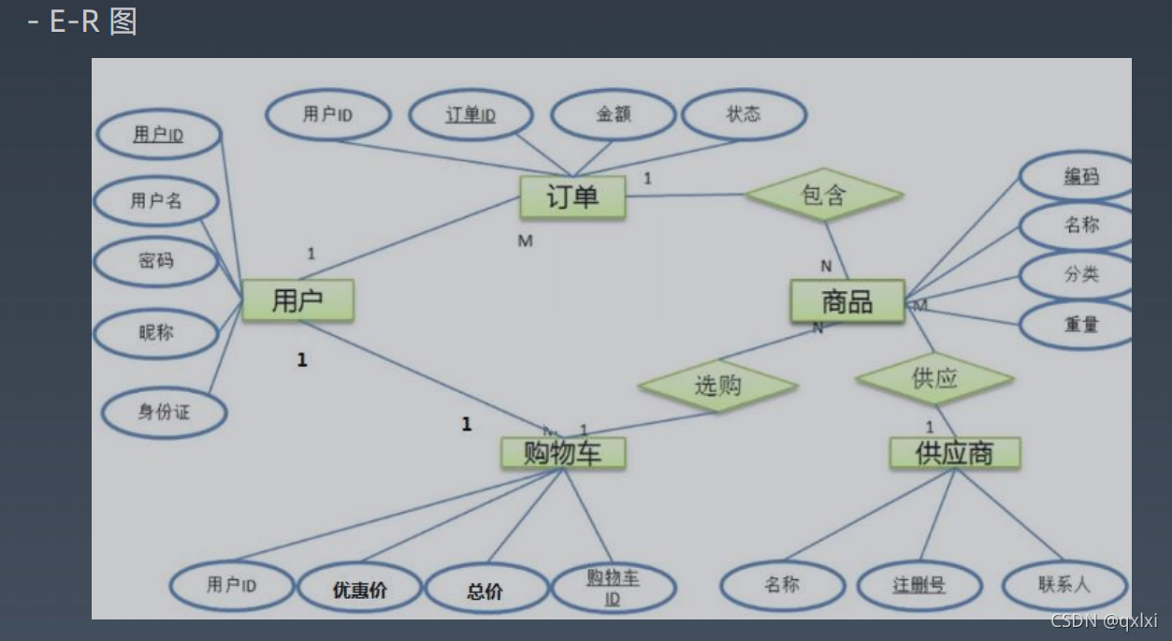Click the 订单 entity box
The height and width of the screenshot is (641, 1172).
(572, 197)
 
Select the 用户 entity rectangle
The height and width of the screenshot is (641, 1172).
(297, 300)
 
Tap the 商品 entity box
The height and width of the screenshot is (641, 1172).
(846, 301)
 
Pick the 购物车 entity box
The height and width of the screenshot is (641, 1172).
(561, 454)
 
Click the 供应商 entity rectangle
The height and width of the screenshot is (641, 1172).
(954, 454)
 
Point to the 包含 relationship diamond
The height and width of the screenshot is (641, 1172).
(824, 195)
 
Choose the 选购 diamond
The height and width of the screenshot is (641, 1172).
(717, 385)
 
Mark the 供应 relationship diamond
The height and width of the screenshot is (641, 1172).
(934, 379)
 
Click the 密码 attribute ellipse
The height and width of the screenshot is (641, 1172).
(156, 261)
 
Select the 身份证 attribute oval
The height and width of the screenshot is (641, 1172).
(164, 412)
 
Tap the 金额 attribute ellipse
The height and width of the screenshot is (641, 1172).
(613, 115)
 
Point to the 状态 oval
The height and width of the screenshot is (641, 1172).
(744, 114)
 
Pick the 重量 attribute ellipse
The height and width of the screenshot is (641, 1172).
(1080, 325)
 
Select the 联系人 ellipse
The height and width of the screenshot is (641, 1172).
(1063, 586)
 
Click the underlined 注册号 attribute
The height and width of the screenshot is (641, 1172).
(919, 587)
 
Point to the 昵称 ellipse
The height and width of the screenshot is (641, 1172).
(156, 332)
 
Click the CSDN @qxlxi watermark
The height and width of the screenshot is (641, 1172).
(1104, 620)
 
